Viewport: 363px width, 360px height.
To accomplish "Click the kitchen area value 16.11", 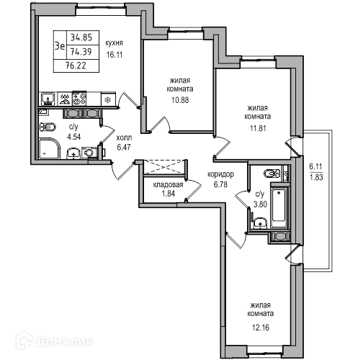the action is [115, 55].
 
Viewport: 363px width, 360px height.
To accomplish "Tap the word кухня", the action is [115, 43].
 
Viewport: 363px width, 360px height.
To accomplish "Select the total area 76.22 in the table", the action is [76, 66].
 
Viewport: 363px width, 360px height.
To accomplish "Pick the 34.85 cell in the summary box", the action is [81, 37].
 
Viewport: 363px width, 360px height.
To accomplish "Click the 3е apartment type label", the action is [60, 45].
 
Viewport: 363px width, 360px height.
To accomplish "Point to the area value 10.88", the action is [180, 100].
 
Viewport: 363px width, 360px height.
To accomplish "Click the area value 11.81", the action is [258, 128].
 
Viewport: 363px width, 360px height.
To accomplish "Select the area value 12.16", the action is [261, 328].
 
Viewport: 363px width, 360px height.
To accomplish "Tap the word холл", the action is [124, 138].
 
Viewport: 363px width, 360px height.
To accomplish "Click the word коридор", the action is [220, 174].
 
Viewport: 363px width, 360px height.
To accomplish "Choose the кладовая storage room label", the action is [168, 184].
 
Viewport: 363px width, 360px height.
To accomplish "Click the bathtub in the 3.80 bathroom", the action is [279, 208].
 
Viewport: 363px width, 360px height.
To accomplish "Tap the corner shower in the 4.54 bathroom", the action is [50, 148].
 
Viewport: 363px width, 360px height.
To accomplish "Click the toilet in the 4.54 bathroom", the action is [48, 127].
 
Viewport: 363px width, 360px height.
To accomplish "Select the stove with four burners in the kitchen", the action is [79, 99].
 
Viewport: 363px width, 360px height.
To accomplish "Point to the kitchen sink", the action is [48, 99].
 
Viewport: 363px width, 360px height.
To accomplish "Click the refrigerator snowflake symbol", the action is [108, 100].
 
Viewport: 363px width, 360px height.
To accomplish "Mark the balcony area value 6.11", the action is [315, 166].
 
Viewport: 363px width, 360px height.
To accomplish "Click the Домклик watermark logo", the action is [54, 341].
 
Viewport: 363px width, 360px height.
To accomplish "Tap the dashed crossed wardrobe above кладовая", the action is [165, 167].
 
